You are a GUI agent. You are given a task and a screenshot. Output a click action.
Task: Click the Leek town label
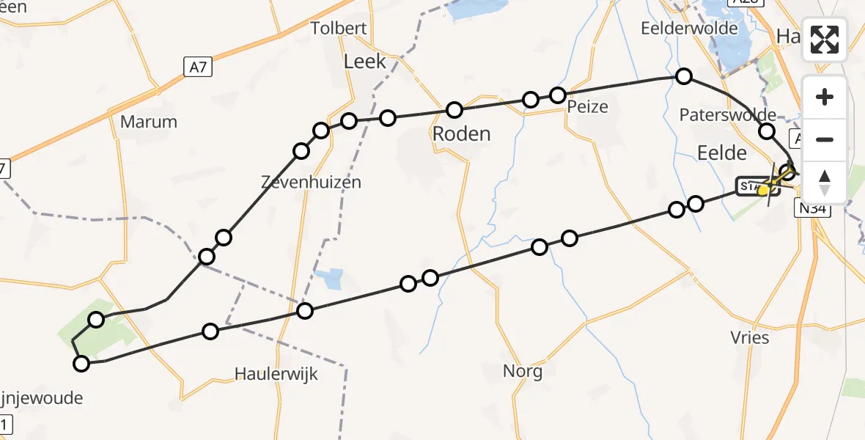[364, 62]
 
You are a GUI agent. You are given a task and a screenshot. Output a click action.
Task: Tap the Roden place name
[461, 134]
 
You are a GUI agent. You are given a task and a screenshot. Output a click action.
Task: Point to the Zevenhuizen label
[312, 182]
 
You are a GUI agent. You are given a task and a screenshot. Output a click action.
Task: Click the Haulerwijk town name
[276, 374]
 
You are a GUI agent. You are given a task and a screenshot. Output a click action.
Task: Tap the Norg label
[523, 371]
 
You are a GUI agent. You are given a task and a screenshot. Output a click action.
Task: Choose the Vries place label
[750, 337]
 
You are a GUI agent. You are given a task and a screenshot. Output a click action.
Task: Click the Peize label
[588, 107]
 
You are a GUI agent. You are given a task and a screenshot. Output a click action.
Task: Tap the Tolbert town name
[338, 29]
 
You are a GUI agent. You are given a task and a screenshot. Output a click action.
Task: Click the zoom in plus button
[825, 98]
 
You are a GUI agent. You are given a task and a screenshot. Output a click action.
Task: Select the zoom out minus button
[825, 140]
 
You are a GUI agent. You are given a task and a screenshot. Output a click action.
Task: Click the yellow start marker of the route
[763, 190]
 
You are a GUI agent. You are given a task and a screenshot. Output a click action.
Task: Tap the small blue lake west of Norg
[331, 279]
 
